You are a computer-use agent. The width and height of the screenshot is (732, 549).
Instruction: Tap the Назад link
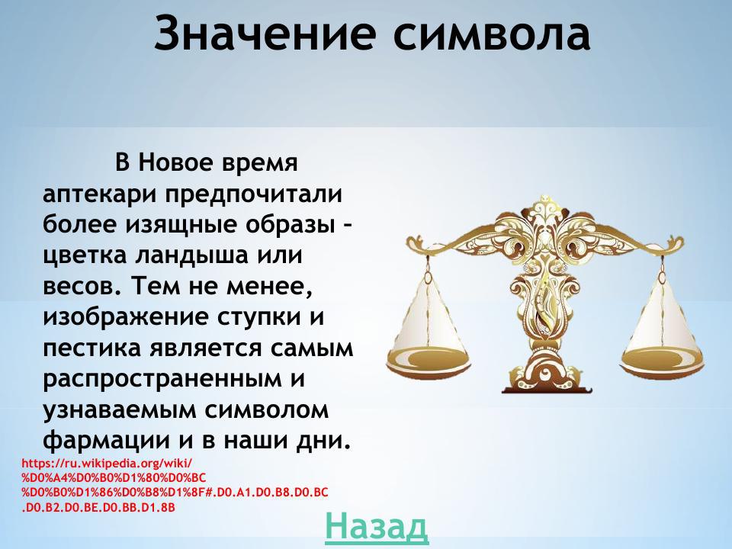pyautogui.click(x=376, y=526)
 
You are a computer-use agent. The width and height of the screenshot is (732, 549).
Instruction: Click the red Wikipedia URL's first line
pyautogui.click(x=108, y=463)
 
